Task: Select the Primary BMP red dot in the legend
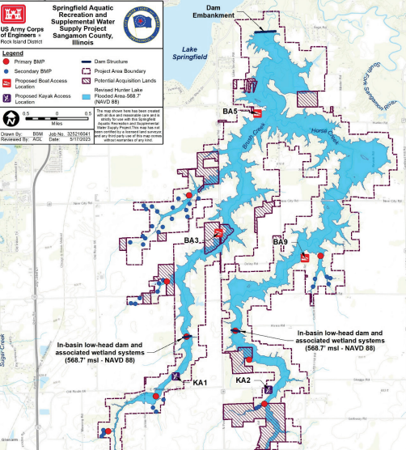coord(6,61)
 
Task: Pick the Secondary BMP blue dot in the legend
coord(6,70)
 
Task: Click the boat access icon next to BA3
coord(219,233)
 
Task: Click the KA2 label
coord(244,380)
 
